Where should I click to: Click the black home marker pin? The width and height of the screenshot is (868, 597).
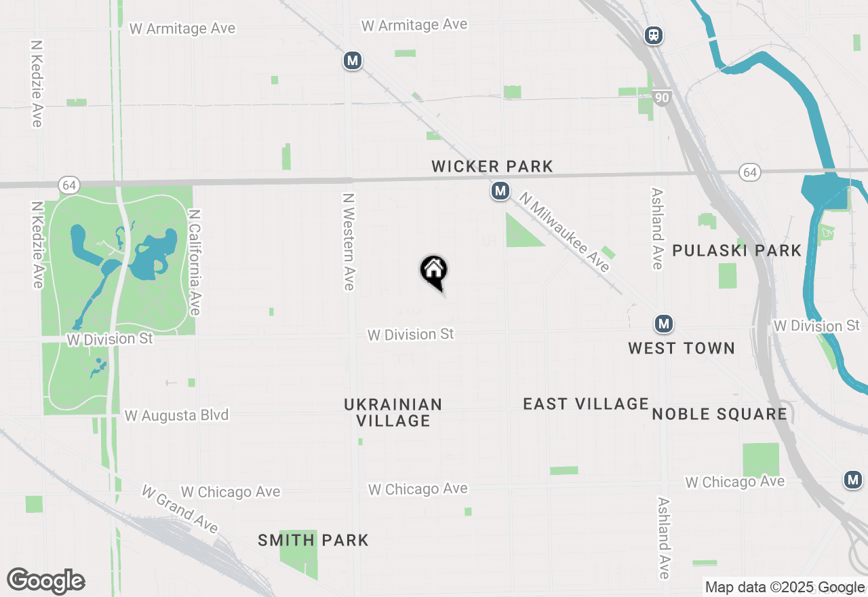434,271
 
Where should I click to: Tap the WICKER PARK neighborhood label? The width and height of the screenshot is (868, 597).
492,166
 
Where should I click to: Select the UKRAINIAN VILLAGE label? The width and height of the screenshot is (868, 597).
393,412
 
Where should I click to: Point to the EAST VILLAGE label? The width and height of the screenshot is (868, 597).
586,404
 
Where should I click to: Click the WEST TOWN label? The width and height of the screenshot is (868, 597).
681,348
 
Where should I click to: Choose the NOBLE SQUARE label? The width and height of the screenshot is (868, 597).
719,414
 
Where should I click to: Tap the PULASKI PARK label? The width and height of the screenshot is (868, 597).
737,250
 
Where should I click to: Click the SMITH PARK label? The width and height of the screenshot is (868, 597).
313,540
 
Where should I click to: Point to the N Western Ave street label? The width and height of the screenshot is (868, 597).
349,242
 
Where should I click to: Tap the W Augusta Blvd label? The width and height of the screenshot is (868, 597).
177,415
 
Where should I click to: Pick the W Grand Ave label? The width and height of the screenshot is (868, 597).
180,508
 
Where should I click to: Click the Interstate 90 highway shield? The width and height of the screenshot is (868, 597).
663,98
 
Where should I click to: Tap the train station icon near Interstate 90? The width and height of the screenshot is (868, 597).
654,35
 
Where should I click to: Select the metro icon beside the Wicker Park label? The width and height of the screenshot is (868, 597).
500,191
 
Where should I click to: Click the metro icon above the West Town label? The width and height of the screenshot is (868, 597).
664,324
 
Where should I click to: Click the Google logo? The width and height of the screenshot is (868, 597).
45,581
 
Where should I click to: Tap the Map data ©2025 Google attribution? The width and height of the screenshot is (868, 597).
785,588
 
